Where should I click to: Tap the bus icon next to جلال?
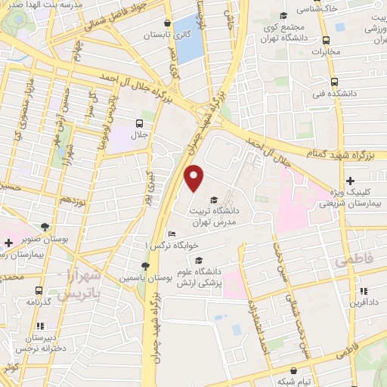(x=139, y=123)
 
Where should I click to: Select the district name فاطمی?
(x=348, y=261)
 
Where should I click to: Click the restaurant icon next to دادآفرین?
(x=364, y=291)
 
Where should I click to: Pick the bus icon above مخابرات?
(x=326, y=41)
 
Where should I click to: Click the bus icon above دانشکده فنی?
(x=333, y=82)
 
